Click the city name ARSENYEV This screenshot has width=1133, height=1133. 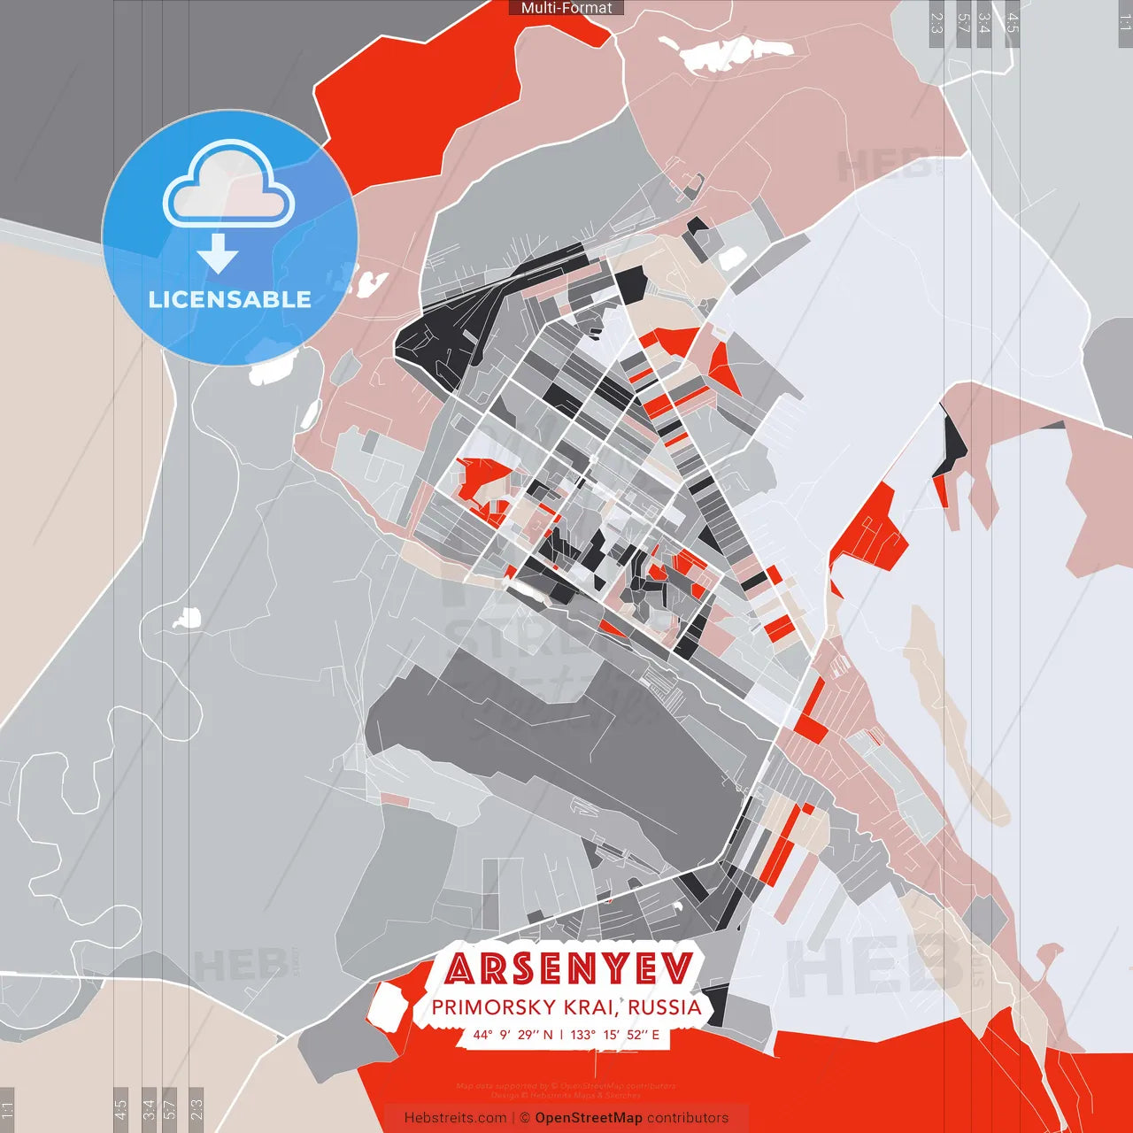pos(568,968)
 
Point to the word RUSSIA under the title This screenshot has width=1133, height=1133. pos(665,1007)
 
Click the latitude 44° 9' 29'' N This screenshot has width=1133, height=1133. pos(513,1034)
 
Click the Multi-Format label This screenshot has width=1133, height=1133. pos(566,8)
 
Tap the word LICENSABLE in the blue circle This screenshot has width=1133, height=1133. pos(229,299)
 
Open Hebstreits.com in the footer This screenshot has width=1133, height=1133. pos(455,1118)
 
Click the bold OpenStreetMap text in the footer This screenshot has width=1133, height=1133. pos(588,1118)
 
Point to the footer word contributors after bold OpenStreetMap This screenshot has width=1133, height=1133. pos(688,1118)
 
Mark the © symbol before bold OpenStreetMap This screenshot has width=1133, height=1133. pos(525,1118)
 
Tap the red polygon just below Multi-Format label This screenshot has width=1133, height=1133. pos(416,89)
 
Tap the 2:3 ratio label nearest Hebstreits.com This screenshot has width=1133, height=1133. pos(197,1108)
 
